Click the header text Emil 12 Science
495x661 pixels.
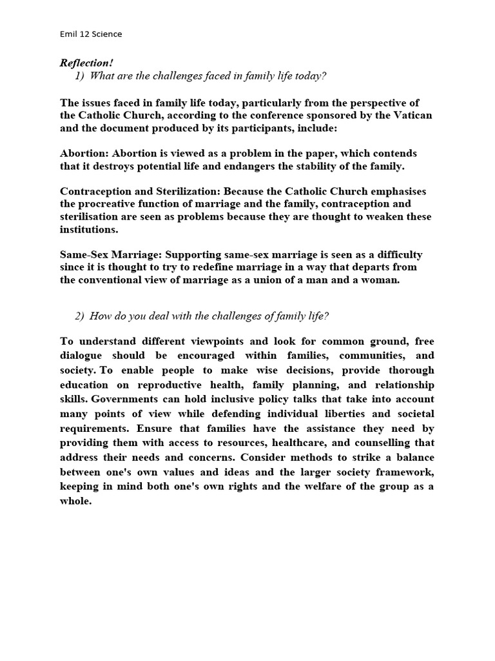pyautogui.click(x=91, y=34)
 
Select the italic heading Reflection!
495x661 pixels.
pyautogui.click(x=86, y=63)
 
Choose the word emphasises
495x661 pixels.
pyautogui.click(x=398, y=192)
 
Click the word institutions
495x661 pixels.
pyautogui.click(x=89, y=229)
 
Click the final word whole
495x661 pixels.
pyautogui.click(x=75, y=501)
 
